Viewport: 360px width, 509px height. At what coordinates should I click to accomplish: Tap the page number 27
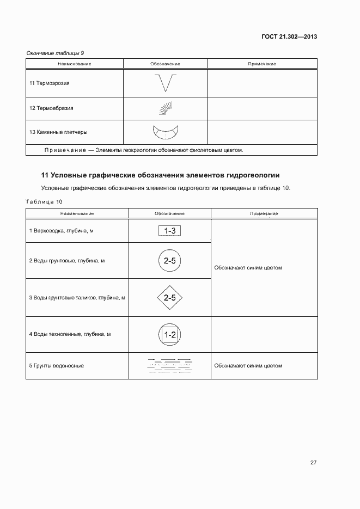point(314,463)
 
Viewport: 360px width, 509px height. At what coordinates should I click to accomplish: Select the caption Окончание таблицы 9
point(55,53)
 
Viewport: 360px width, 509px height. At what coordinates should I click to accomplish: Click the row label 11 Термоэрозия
point(50,83)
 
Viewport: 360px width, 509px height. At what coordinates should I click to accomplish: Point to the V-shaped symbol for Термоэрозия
point(165,83)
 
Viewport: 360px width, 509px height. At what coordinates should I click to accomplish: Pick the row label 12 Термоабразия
point(51,108)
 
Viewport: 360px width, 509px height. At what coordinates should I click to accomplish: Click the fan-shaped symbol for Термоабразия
point(166,108)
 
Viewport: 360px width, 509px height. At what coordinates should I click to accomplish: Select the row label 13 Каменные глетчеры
point(58,132)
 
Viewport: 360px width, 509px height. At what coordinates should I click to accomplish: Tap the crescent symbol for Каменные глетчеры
point(166,132)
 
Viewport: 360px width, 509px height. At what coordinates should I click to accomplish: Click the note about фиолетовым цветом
point(144,150)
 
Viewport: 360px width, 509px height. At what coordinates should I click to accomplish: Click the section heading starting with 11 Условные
point(160,175)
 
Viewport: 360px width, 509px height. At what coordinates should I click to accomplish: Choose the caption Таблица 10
point(45,201)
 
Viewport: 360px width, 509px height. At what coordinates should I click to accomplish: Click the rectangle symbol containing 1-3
point(169,231)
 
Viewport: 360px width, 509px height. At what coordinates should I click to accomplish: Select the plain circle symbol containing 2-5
point(169,261)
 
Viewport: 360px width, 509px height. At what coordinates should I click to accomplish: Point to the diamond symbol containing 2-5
point(169,298)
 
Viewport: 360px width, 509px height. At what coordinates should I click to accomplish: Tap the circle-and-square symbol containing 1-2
point(169,334)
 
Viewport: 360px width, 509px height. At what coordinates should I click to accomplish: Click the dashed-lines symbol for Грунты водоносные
point(169,366)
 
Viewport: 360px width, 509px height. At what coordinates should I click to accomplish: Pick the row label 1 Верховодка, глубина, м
point(61,231)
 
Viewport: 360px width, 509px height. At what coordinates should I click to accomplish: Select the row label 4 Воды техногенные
point(70,334)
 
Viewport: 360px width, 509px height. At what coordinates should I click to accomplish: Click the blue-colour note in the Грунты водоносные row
point(248,366)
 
